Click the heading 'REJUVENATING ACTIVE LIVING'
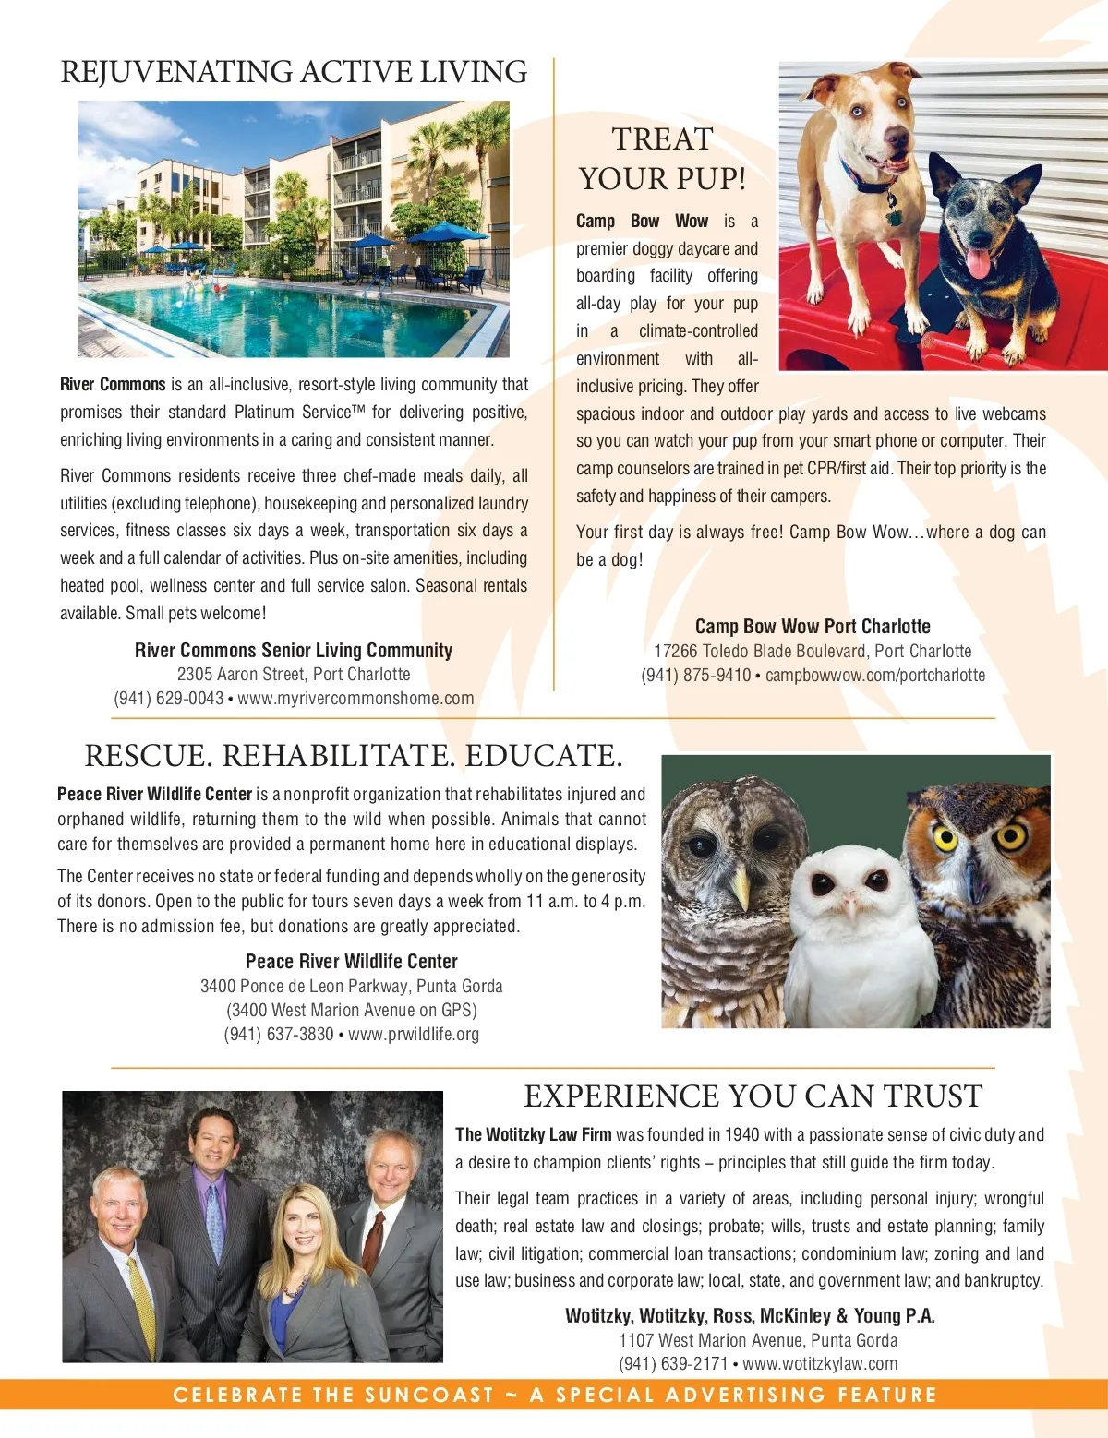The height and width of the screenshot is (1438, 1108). tap(294, 72)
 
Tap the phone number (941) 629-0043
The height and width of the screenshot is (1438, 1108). tap(168, 699)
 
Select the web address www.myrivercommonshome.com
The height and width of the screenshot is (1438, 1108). tap(355, 699)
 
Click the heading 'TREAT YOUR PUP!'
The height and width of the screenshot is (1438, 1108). tap(662, 159)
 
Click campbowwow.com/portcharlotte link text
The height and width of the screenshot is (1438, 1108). tap(875, 675)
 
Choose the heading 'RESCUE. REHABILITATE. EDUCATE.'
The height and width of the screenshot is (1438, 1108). tap(354, 756)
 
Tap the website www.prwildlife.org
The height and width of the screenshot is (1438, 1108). tap(414, 1035)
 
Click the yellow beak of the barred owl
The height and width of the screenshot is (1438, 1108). tap(741, 887)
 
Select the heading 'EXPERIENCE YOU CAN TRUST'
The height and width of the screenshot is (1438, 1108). tap(753, 1096)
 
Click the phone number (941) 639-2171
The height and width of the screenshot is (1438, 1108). tap(673, 1364)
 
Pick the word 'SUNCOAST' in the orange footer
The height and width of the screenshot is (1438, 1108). tap(429, 1395)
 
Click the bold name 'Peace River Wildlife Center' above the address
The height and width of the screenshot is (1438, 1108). tap(351, 962)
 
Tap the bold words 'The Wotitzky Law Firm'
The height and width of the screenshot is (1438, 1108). tap(533, 1135)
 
